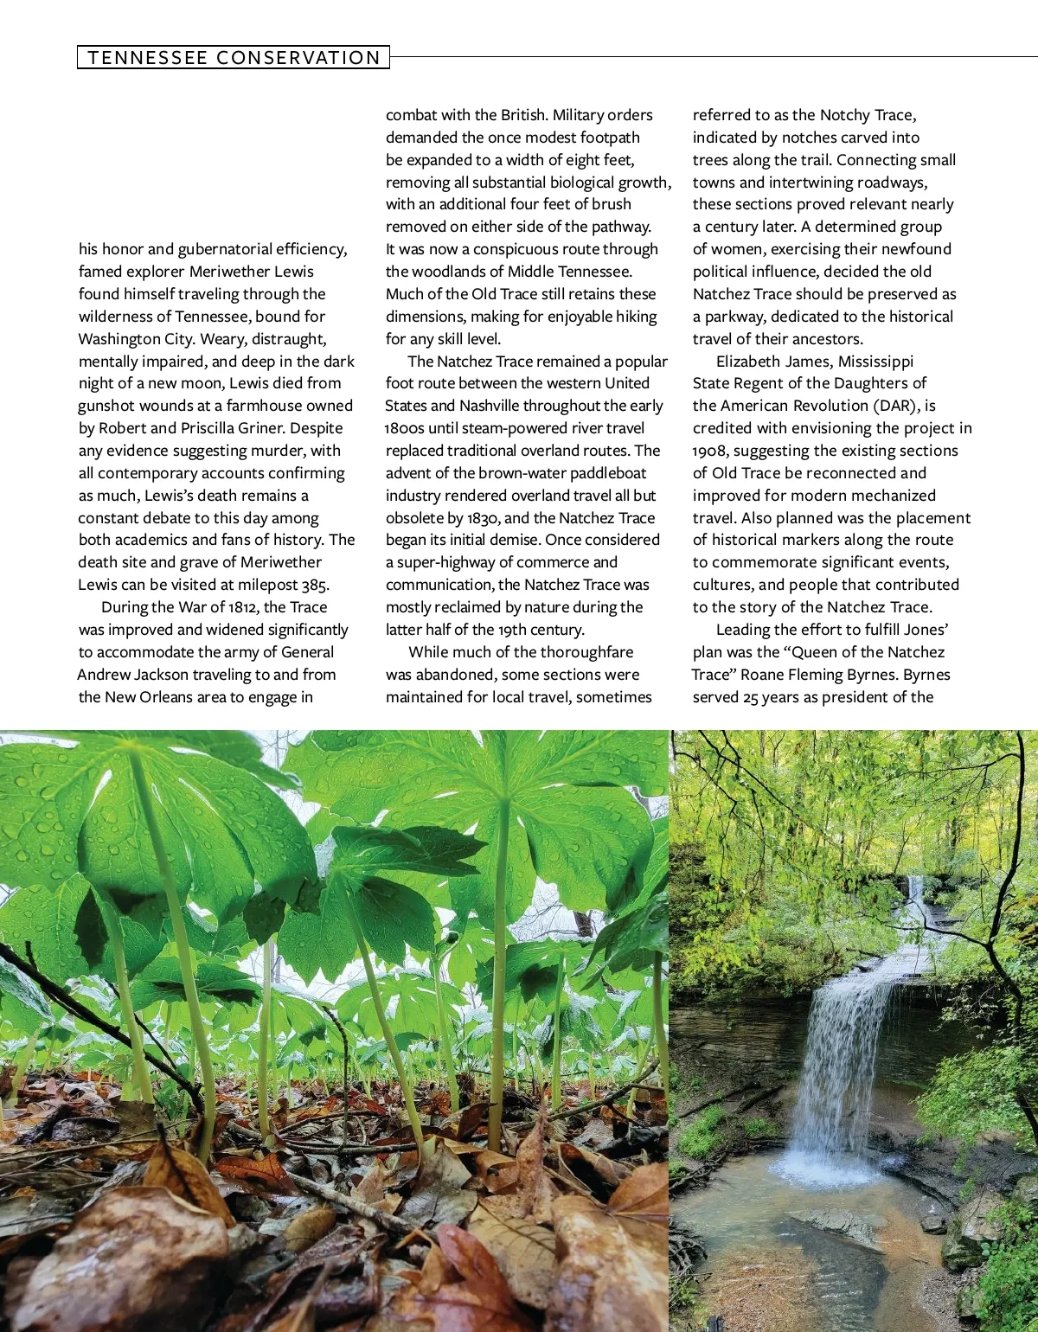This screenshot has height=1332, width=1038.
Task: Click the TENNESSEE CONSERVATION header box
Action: [x=234, y=58]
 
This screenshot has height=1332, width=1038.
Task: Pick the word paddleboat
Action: [x=607, y=473]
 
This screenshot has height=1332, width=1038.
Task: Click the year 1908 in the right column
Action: [x=708, y=451]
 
